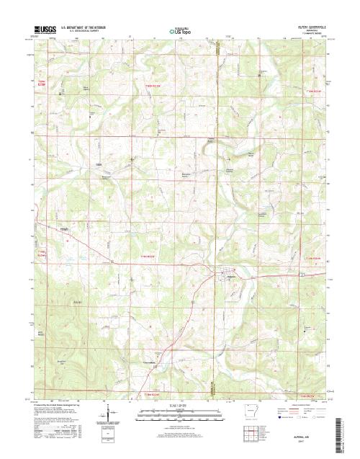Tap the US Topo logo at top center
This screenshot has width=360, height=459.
[x=181, y=31]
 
